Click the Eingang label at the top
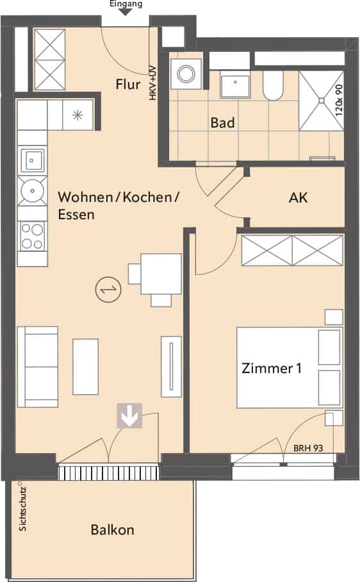(x=126, y=4)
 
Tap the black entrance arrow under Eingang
(x=126, y=12)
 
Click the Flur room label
(x=128, y=84)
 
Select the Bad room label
(x=222, y=122)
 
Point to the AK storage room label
(x=298, y=198)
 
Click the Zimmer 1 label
(x=272, y=368)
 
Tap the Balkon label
(x=112, y=529)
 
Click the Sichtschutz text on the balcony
(x=22, y=508)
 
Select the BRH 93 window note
(x=307, y=448)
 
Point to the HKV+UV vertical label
(x=152, y=83)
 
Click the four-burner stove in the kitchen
(x=32, y=237)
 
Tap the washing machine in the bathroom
(x=185, y=74)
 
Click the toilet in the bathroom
(x=273, y=86)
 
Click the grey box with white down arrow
(x=129, y=415)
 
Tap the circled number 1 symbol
(x=109, y=290)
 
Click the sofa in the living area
(x=37, y=367)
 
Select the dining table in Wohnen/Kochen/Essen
(x=161, y=274)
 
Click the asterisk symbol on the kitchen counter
(x=77, y=115)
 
